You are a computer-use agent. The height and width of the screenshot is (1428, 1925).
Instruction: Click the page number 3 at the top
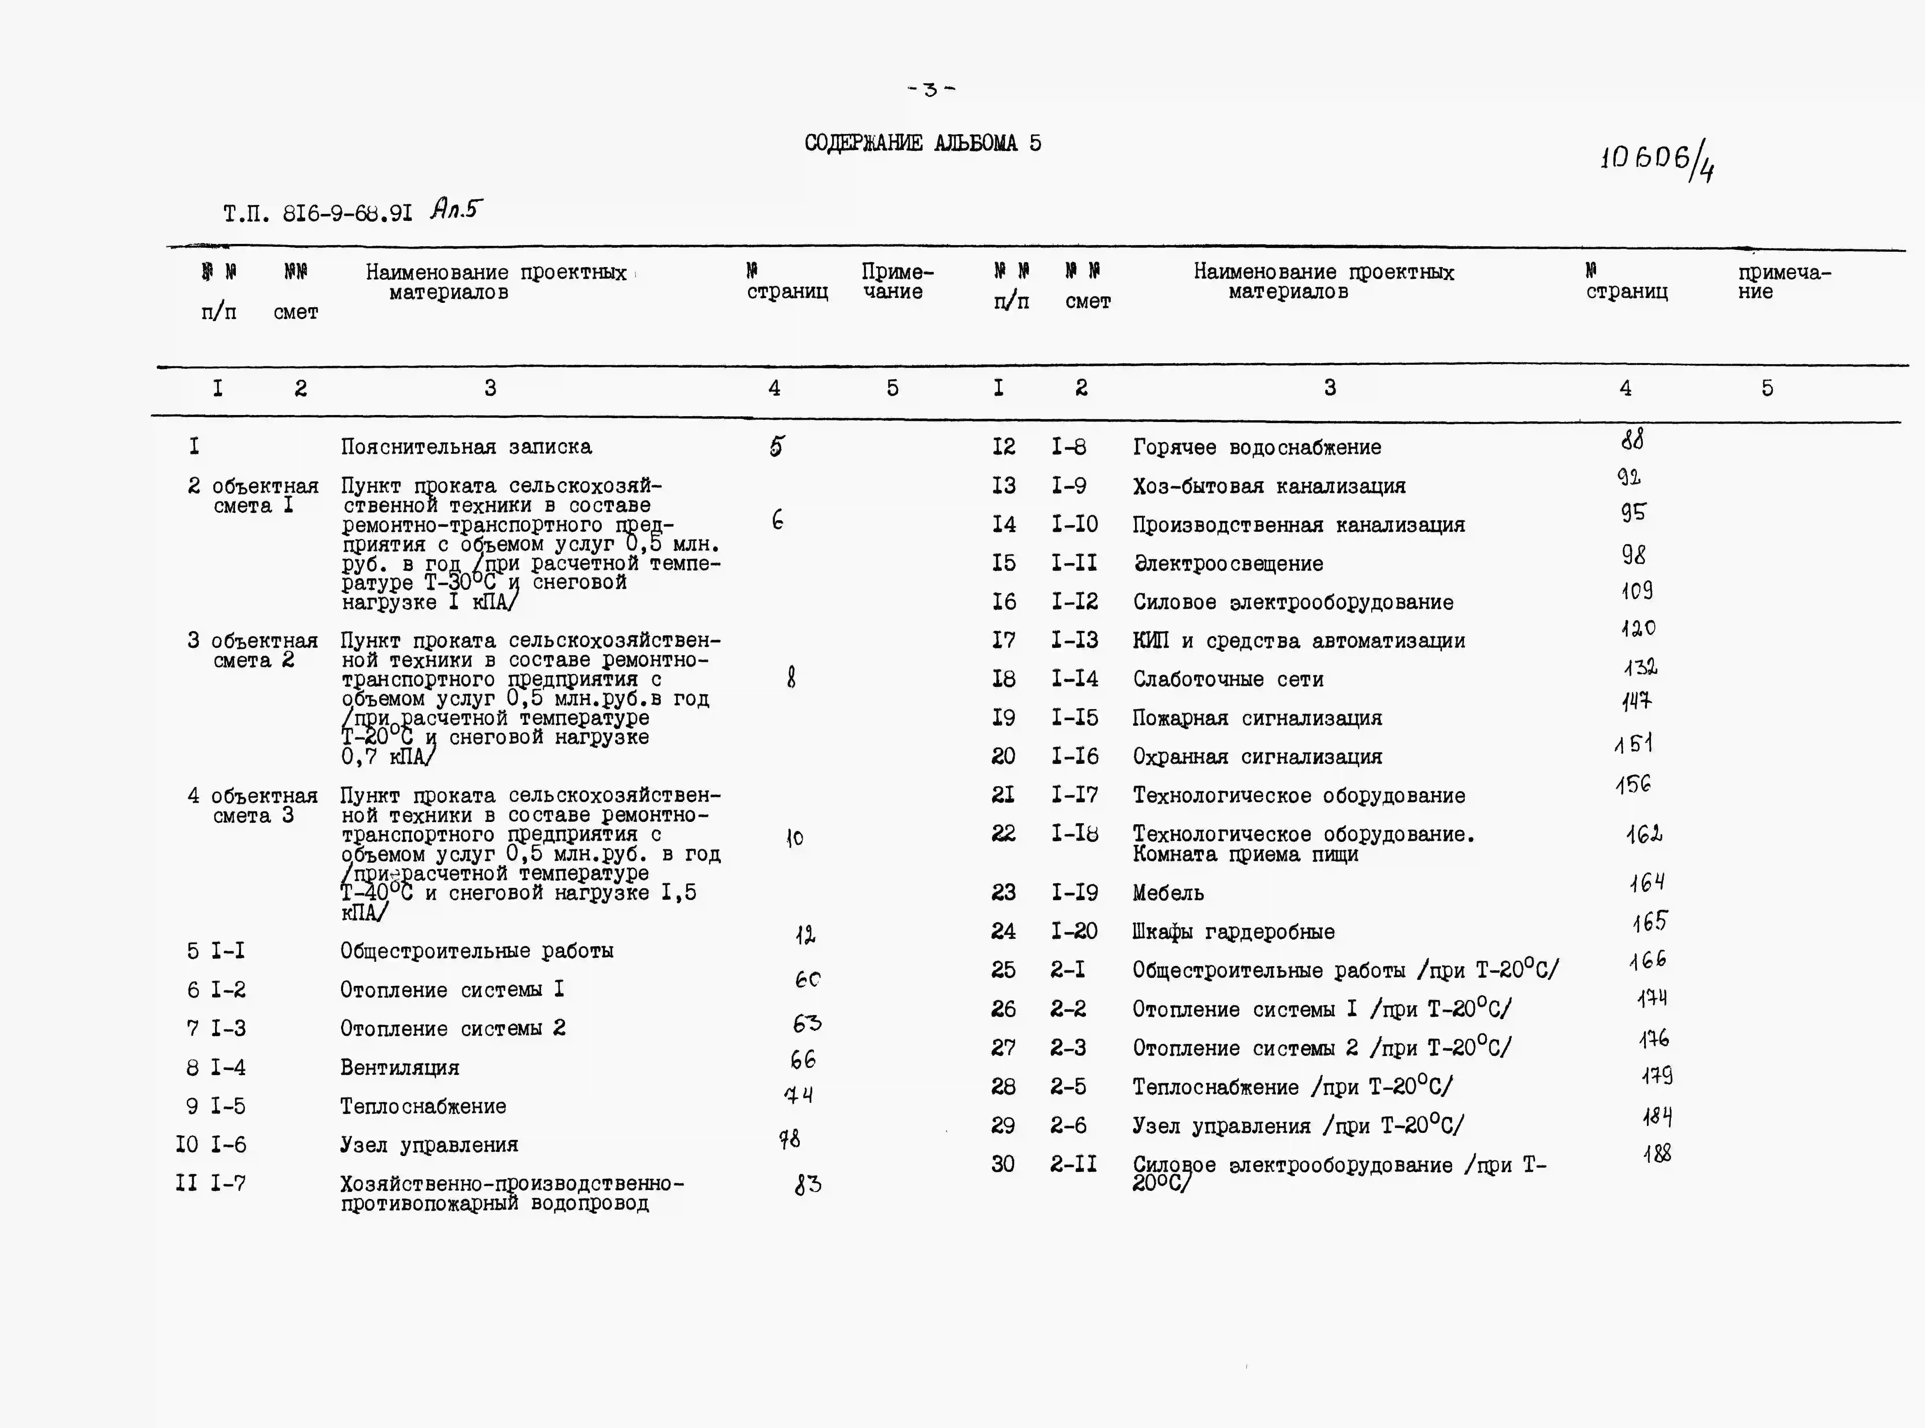[930, 89]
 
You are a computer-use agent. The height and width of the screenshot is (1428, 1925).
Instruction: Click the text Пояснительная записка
[466, 447]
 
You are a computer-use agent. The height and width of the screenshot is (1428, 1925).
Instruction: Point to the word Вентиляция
[399, 1068]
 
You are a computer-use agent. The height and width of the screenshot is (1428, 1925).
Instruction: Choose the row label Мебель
[1168, 893]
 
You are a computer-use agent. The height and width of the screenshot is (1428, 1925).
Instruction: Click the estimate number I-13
[1074, 640]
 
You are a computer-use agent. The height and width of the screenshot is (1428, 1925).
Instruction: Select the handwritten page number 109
[1636, 591]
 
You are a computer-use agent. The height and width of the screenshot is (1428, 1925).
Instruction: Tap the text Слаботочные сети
[1228, 679]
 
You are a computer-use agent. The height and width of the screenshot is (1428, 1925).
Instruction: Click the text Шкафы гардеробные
[1234, 932]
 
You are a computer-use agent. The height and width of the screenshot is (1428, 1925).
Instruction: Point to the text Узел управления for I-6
[429, 1145]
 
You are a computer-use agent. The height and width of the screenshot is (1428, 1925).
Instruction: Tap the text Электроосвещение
[1228, 564]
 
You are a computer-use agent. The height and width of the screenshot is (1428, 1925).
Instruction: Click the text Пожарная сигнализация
[1257, 718]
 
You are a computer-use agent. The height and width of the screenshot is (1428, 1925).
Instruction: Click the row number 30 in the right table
[1003, 1164]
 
